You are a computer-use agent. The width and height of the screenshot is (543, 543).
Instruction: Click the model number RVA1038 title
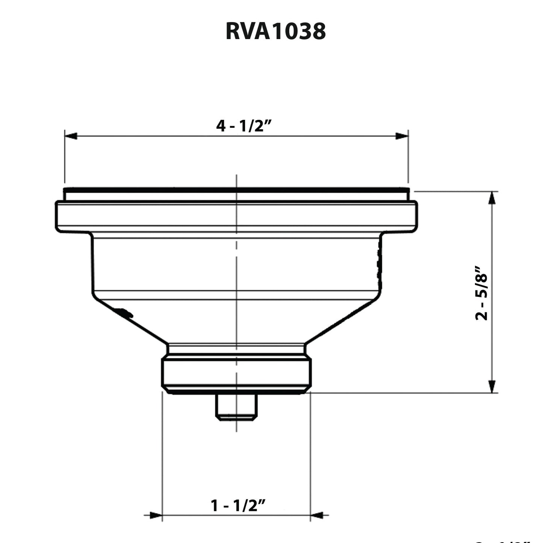click(275, 31)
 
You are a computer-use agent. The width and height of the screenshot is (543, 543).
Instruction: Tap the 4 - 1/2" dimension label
click(244, 126)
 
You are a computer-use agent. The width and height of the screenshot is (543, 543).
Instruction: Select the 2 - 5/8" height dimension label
click(481, 293)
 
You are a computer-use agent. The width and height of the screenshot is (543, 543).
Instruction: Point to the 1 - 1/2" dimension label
click(238, 505)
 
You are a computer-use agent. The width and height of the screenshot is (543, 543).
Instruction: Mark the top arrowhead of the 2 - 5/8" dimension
click(492, 198)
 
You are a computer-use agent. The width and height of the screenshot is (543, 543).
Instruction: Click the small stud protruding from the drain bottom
click(236, 407)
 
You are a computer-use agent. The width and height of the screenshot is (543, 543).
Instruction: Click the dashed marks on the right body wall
click(379, 265)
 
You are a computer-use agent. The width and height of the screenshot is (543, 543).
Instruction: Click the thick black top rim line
click(236, 190)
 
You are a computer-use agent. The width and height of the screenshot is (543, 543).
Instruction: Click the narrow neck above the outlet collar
click(236, 349)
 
